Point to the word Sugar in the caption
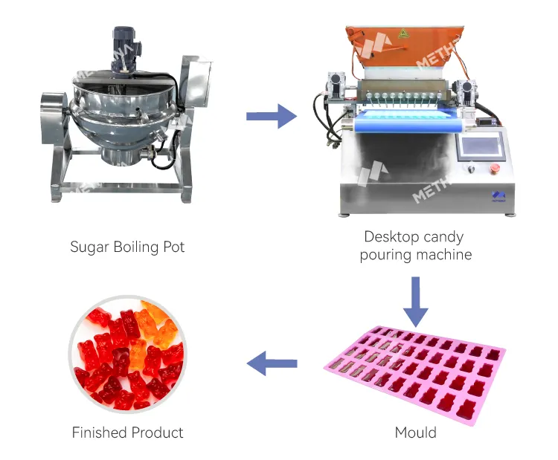[x=89, y=247]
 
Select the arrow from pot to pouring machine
[x=271, y=115]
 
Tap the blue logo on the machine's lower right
[x=498, y=195]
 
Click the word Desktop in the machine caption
[x=390, y=237]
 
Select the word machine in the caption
[x=444, y=255]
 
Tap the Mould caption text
[x=416, y=432]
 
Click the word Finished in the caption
[x=98, y=432]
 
